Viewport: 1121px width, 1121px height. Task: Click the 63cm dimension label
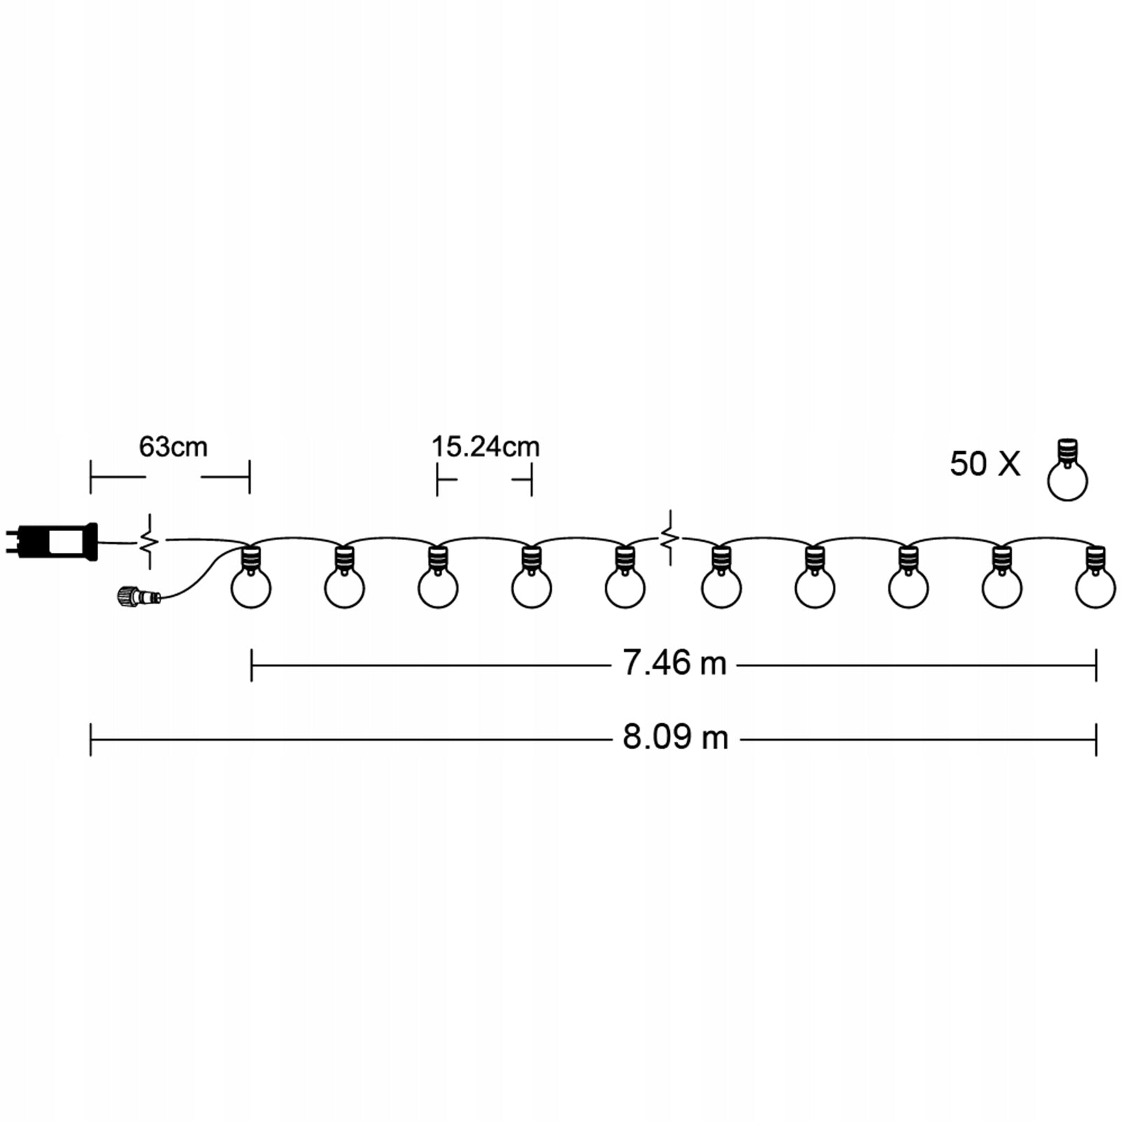click(173, 447)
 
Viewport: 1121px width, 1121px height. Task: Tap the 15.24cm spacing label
click(485, 447)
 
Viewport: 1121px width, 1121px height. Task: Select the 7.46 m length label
click(675, 663)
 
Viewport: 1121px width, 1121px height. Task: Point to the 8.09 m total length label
click(675, 737)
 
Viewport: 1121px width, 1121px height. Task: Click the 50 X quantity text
click(985, 464)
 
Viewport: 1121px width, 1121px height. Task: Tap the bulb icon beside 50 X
click(1067, 469)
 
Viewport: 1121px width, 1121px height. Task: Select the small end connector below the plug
click(139, 597)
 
